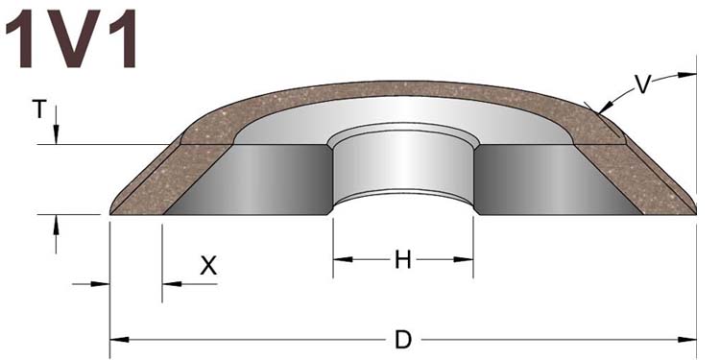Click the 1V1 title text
pos(72,38)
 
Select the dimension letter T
pos(39,110)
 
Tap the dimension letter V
pos(642,84)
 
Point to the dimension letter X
pos(208,265)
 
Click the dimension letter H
pos(402,260)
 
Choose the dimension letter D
pos(402,340)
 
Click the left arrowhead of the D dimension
pos(119,340)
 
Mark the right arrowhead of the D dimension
pos(687,340)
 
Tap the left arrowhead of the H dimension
pos(343,260)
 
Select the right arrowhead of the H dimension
pos(464,260)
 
